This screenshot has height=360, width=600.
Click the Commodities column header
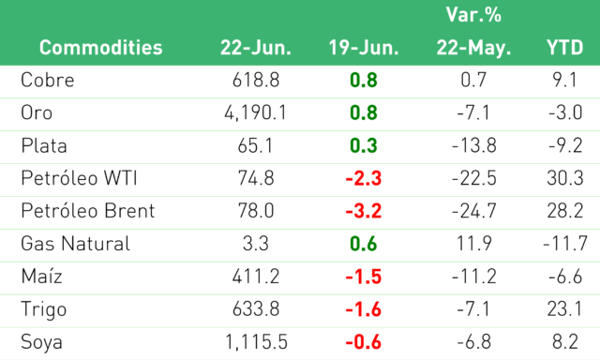tap(100, 48)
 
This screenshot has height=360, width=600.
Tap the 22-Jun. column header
tap(256, 48)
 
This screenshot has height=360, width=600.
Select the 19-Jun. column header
tap(364, 48)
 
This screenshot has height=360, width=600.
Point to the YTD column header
tap(564, 48)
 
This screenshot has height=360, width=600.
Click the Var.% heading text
tap(473, 15)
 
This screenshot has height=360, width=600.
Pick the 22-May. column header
tap(473, 48)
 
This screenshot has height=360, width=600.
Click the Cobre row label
tap(48, 80)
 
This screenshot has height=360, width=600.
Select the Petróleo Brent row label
tap(88, 211)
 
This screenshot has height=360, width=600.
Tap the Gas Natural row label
tap(75, 244)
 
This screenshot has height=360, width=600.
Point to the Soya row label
tap(41, 342)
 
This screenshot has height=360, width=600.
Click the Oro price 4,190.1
tap(256, 112)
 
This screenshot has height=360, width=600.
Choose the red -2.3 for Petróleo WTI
tap(364, 178)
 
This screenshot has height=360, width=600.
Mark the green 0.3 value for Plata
tap(364, 145)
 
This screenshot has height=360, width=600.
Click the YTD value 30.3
tap(564, 178)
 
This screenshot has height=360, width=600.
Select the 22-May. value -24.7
tap(473, 211)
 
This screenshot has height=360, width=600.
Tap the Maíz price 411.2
tap(256, 277)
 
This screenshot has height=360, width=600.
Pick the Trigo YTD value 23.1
tap(564, 309)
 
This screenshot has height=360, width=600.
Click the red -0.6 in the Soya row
tap(364, 342)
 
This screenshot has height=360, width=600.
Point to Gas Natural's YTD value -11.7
tap(564, 244)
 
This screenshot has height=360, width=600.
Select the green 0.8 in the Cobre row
tap(364, 80)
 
